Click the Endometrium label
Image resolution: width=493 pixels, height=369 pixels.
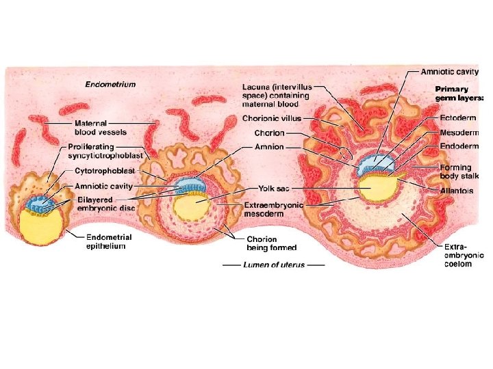[x=110, y=85]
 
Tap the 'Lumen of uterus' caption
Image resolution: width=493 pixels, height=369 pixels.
[x=275, y=264]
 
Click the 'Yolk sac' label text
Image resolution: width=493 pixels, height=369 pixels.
[x=273, y=187]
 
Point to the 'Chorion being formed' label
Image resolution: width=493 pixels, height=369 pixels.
[x=262, y=243]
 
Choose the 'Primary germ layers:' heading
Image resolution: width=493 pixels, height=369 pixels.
[x=459, y=94]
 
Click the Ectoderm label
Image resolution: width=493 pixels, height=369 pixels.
[x=459, y=118]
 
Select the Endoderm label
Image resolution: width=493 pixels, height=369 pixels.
[x=459, y=146]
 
